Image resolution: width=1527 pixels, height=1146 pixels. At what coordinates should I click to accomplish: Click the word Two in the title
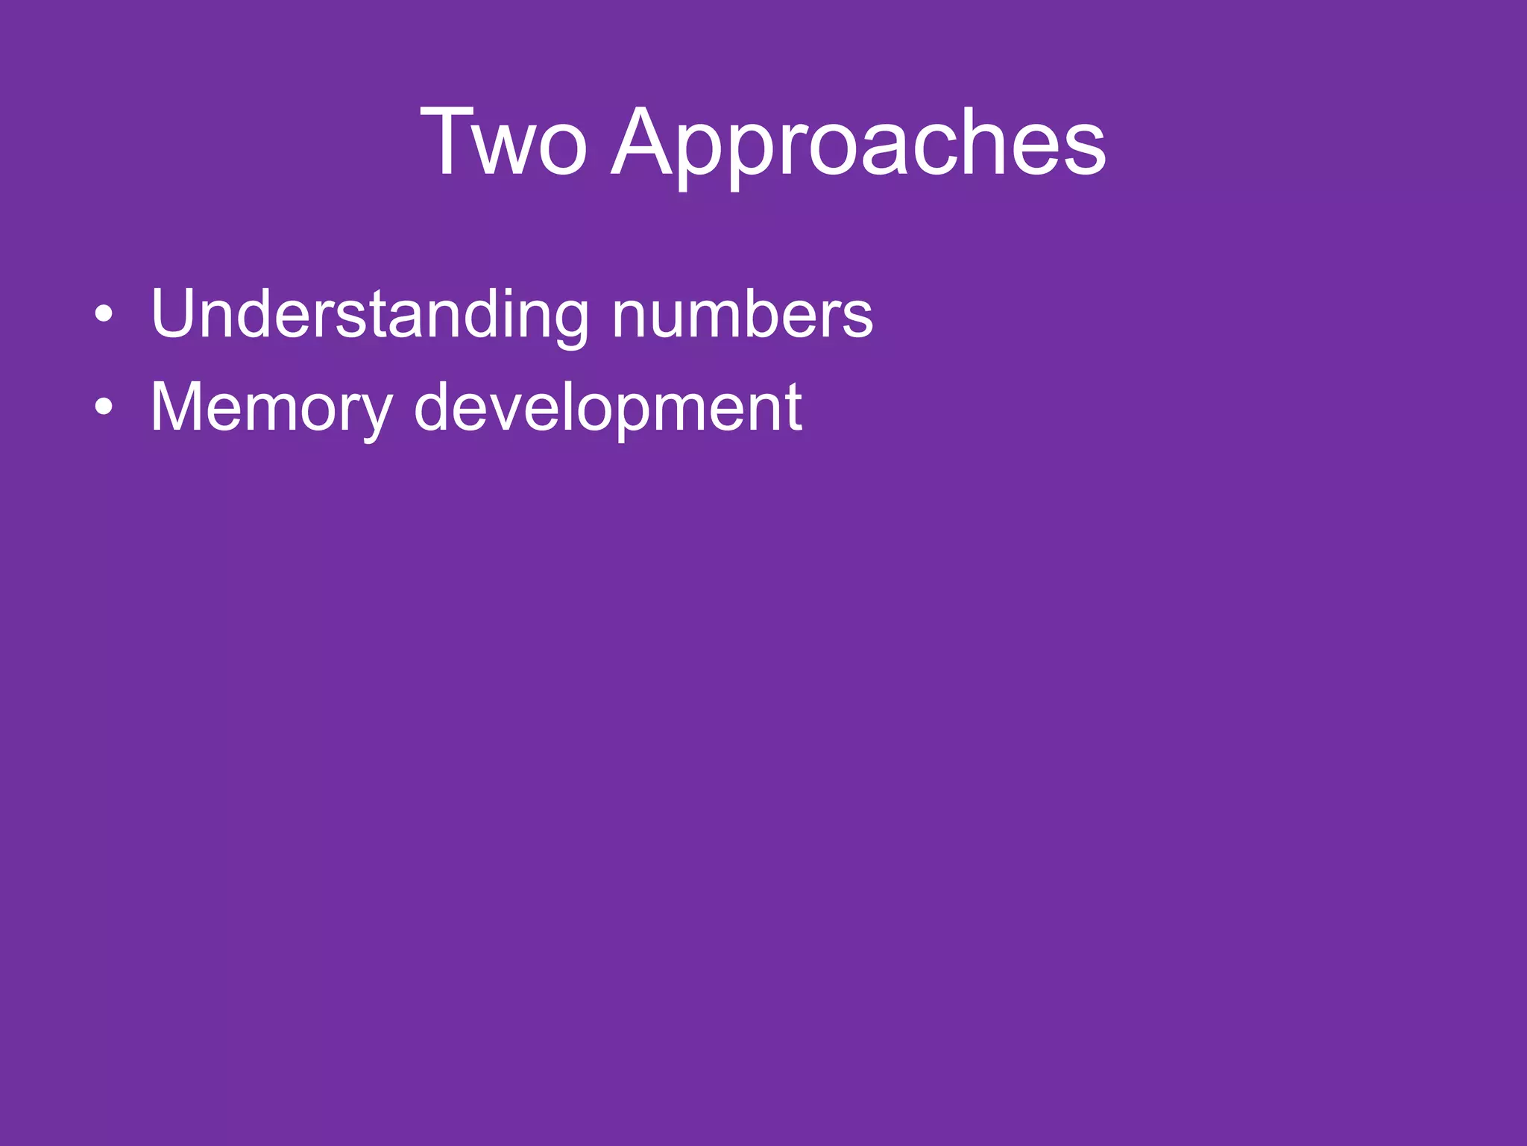click(504, 142)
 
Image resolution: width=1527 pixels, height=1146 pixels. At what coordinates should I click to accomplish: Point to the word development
click(608, 407)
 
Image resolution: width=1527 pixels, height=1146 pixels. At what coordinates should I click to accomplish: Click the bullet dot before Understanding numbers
click(104, 314)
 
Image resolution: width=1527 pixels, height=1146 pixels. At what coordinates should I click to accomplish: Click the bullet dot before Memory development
click(104, 407)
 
